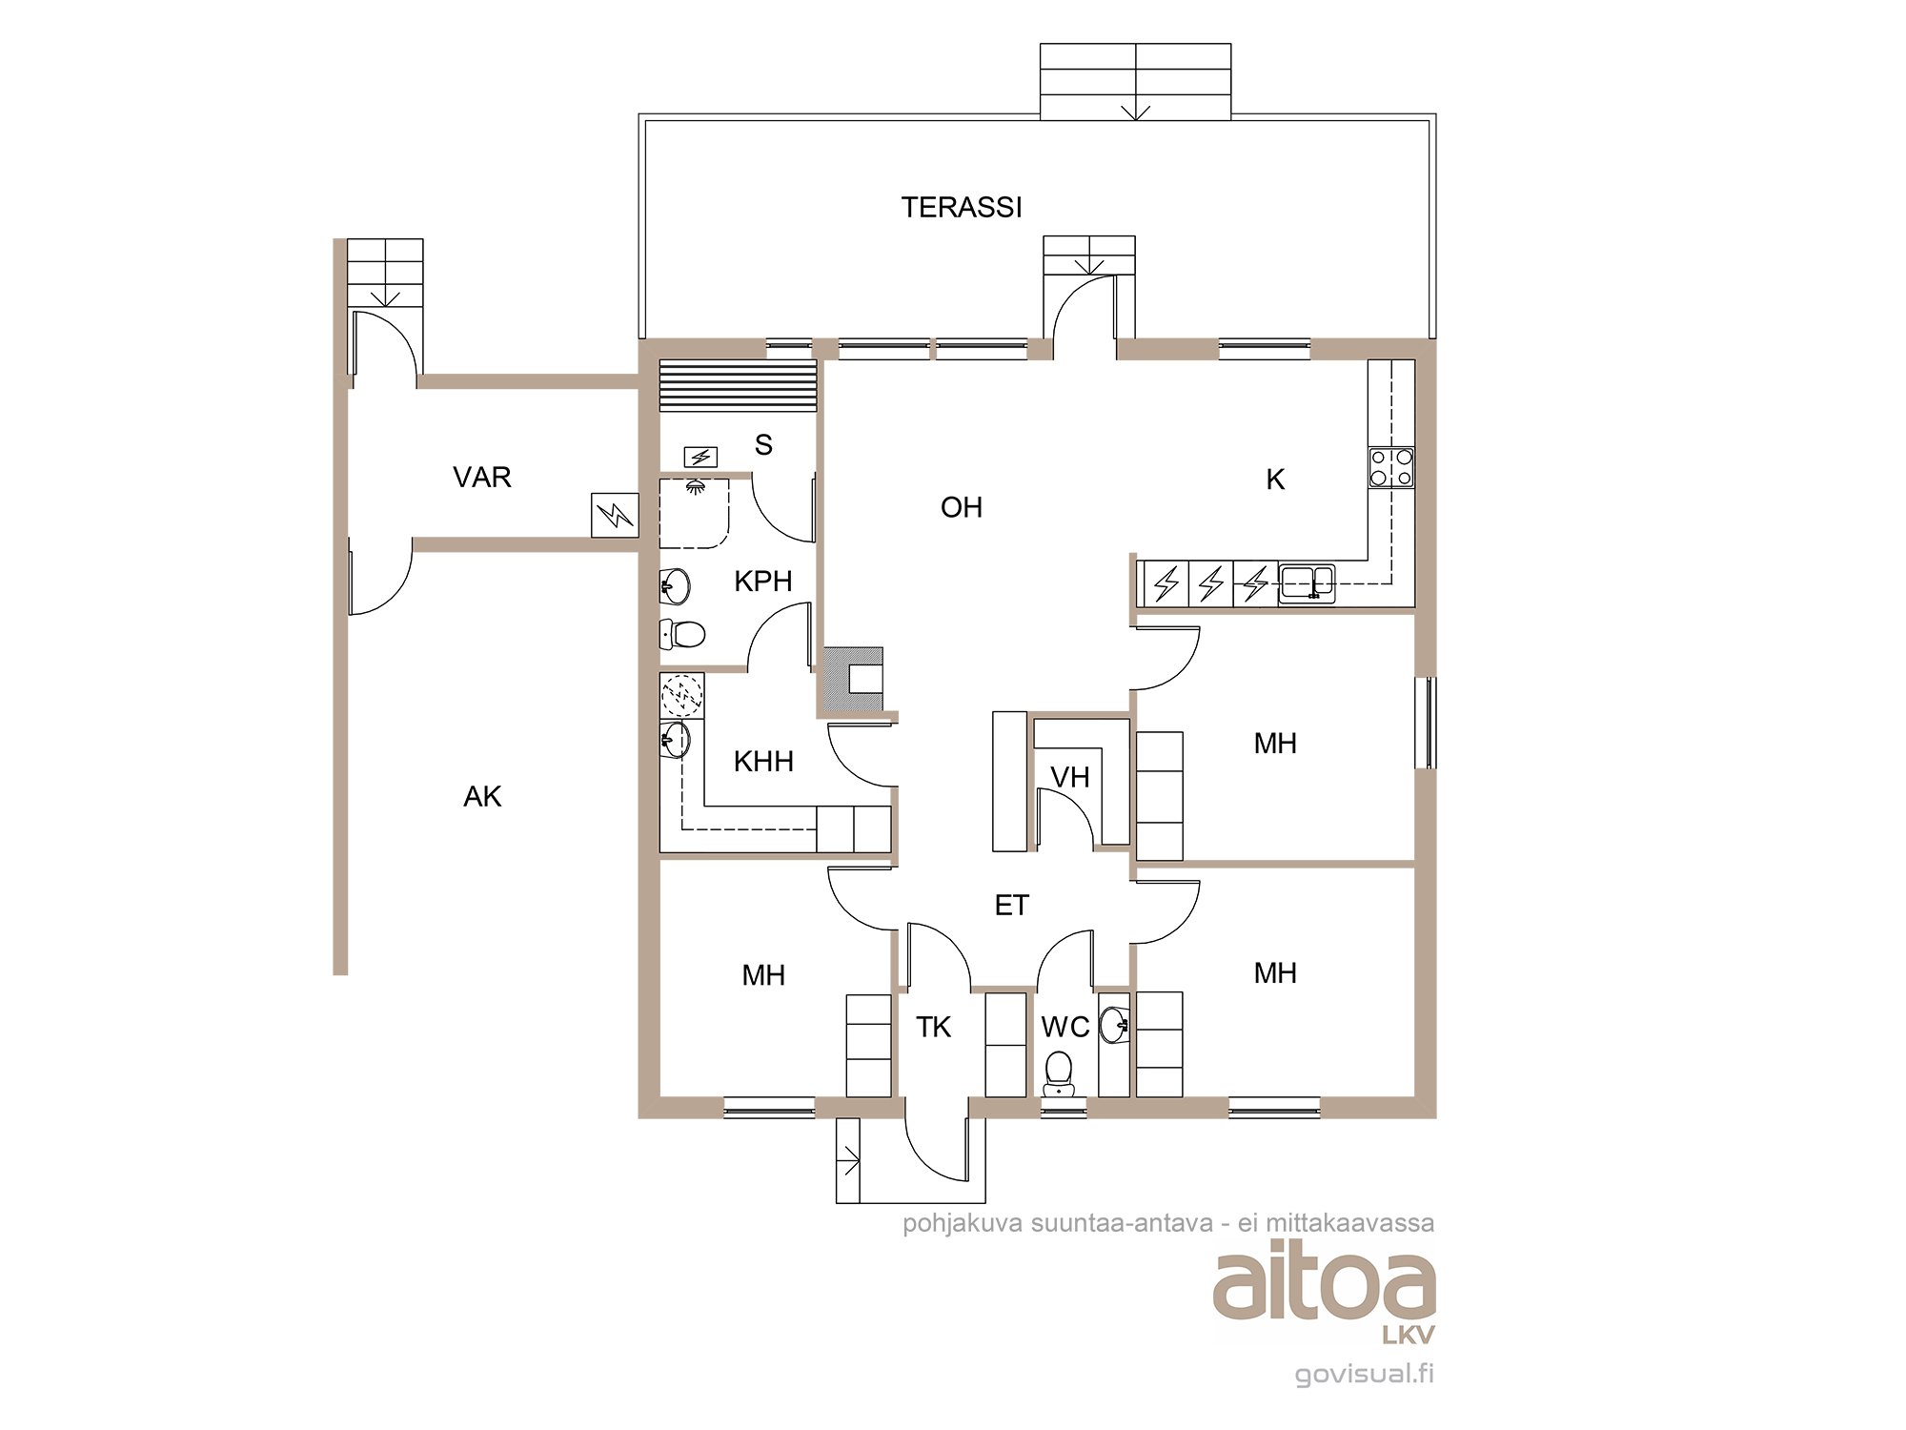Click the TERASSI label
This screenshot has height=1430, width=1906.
point(962,207)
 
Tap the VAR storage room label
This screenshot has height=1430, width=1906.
point(482,477)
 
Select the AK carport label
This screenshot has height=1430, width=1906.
point(482,796)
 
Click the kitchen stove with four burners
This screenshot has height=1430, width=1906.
point(1391,467)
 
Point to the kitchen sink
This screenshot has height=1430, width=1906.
point(1307,581)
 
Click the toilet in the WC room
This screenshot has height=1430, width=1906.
point(1059,1073)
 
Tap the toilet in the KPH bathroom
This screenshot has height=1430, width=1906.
point(682,634)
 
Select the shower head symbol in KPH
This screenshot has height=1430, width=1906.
point(697,487)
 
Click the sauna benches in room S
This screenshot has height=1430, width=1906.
point(738,385)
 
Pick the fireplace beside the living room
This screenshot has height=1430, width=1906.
point(854,680)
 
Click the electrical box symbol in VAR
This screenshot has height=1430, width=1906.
point(615,515)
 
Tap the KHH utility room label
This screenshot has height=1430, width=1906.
point(763,761)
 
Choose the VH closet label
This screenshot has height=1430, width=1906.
point(1069,777)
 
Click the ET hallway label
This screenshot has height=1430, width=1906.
point(1011,905)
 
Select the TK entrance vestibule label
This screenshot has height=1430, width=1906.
point(934,1027)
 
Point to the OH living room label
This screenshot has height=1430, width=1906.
point(961,507)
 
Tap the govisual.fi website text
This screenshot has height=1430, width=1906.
point(1364,1374)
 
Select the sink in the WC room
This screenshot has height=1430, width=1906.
point(1114,1026)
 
